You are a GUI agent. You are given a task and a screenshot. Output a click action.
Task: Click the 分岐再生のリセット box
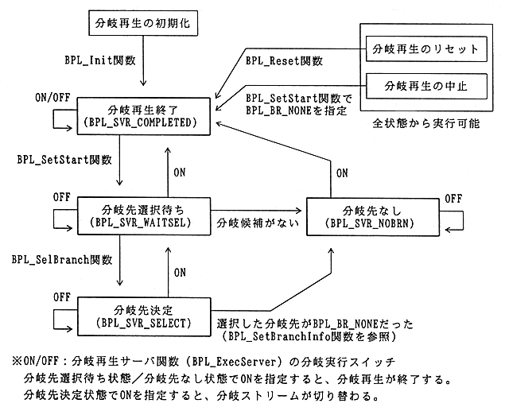coord(425,48)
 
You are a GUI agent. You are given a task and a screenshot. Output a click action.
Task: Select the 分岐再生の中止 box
coord(425,83)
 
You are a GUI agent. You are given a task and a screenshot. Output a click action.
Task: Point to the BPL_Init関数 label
coord(99,60)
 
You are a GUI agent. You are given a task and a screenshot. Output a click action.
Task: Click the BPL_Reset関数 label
coord(285,60)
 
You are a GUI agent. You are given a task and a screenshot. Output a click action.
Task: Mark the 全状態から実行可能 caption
coord(425,125)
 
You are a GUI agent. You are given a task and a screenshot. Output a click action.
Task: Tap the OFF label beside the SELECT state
coord(61,296)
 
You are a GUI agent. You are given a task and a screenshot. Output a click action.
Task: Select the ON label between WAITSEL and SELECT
coord(180,272)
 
